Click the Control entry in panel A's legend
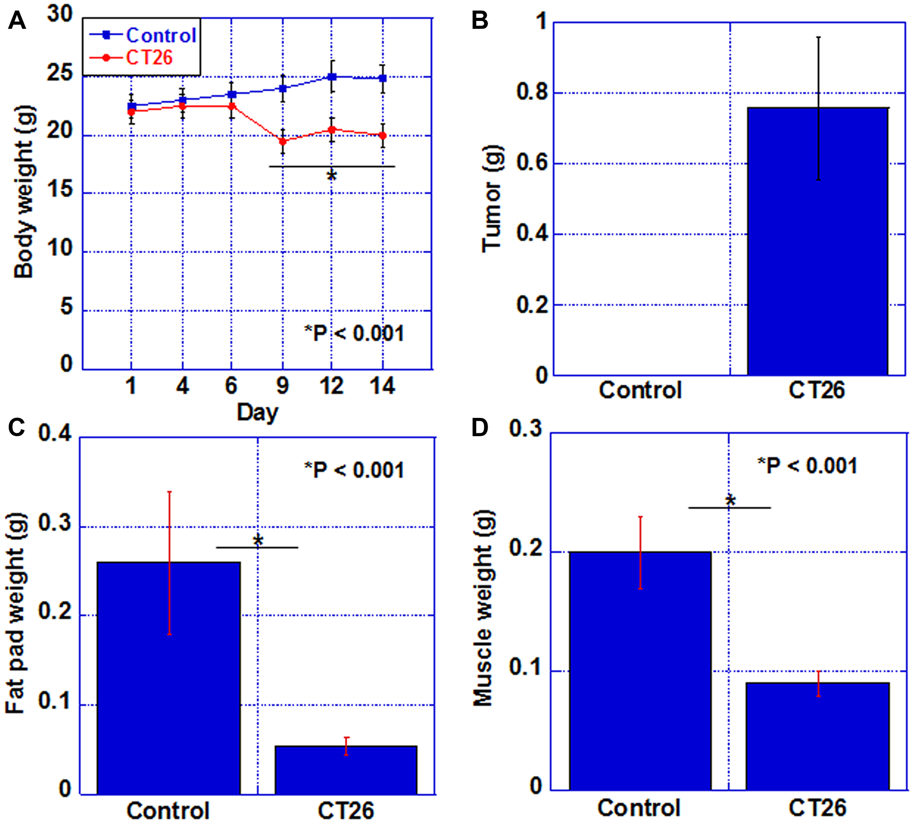(160, 36)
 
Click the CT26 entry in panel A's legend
(149, 58)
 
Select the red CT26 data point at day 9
(283, 141)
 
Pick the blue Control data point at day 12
(332, 77)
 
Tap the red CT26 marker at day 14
(383, 135)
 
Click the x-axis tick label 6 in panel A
(231, 386)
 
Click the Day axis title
(257, 412)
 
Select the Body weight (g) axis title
(24, 192)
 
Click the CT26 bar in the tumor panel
(817, 242)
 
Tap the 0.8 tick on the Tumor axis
(532, 92)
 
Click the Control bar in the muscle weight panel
(640, 671)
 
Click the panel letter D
(479, 428)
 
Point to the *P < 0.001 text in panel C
(354, 470)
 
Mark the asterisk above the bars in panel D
(730, 500)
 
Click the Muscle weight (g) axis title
(483, 609)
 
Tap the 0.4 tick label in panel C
(55, 433)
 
